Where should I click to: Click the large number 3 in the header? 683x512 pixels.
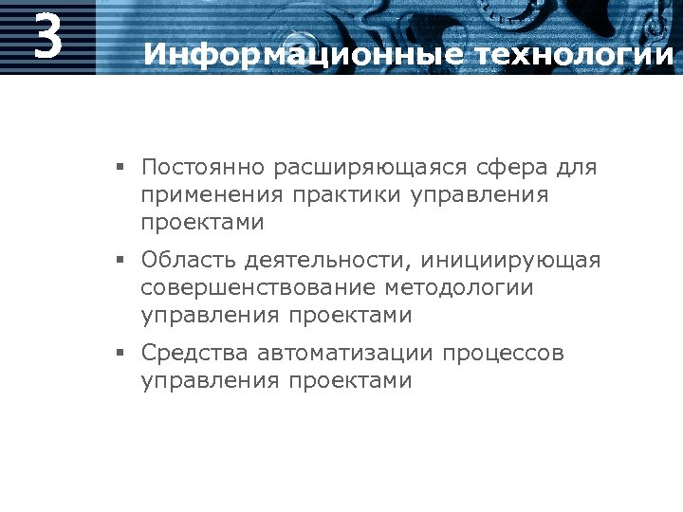(x=47, y=36)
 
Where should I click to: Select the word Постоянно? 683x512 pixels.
(x=202, y=168)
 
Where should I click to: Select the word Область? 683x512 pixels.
(x=187, y=260)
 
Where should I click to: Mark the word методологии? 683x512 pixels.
(x=460, y=287)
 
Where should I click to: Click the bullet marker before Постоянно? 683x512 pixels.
(x=121, y=169)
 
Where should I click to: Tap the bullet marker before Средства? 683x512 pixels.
(x=121, y=354)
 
